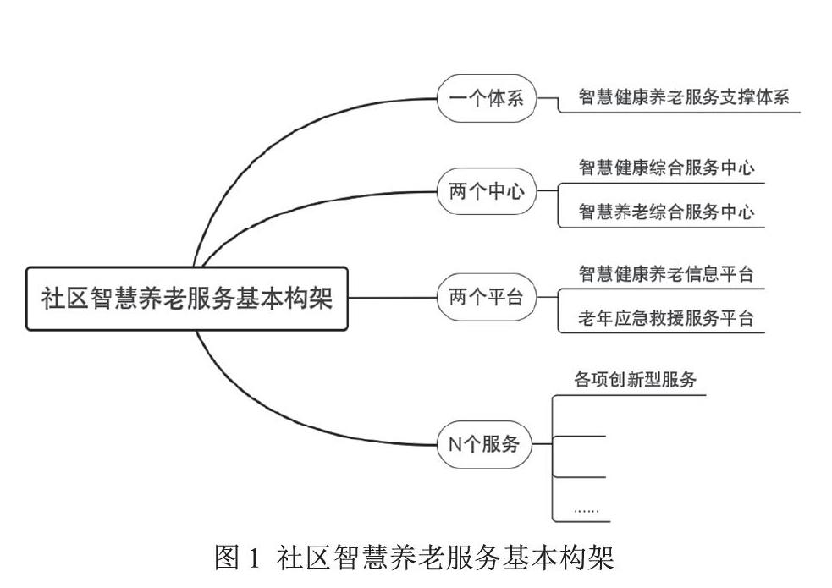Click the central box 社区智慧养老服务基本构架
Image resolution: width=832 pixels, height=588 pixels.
[x=187, y=299]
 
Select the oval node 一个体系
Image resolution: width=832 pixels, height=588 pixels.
[x=486, y=99]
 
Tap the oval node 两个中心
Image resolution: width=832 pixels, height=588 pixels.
[x=486, y=191]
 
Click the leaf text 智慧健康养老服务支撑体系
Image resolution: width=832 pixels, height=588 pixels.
[x=683, y=97]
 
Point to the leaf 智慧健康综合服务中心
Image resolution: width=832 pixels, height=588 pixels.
[x=666, y=168]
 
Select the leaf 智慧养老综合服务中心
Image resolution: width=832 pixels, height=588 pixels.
[x=666, y=212]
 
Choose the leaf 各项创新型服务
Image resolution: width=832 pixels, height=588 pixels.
[x=631, y=380]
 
